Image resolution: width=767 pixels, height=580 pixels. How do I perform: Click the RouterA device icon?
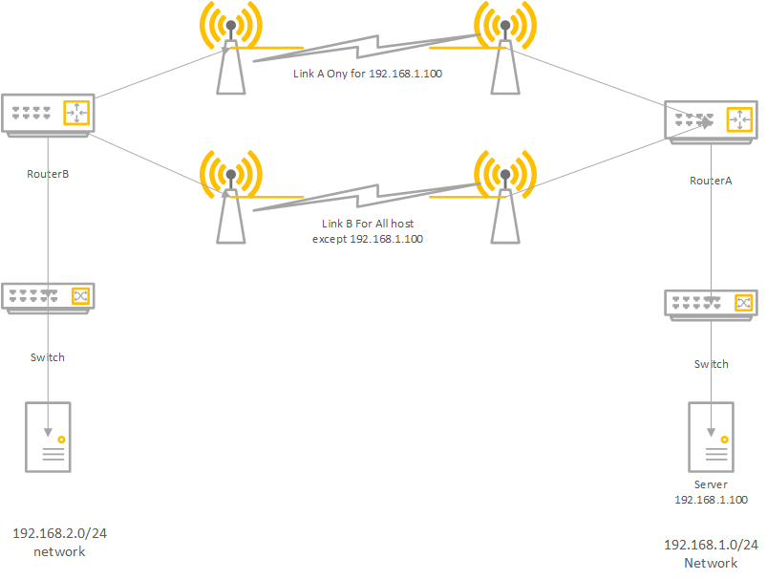[710, 120]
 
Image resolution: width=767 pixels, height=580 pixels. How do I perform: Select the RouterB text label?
[48, 174]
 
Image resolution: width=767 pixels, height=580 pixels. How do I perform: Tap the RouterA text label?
[711, 181]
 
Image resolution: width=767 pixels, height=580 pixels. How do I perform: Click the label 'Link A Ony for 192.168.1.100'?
[368, 73]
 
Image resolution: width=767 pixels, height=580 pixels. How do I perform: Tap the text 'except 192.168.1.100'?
[368, 239]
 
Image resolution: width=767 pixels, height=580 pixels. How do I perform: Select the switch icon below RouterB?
[47, 297]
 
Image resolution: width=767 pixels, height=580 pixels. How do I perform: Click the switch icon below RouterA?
[710, 304]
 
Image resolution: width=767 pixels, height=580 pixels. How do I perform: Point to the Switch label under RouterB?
[47, 357]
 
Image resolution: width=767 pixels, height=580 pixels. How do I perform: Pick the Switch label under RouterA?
[711, 364]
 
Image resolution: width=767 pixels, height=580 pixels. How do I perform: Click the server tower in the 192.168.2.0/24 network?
[47, 437]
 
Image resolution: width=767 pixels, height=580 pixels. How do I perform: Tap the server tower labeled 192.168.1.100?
[711, 437]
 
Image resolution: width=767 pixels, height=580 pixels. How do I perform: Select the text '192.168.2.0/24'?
[59, 533]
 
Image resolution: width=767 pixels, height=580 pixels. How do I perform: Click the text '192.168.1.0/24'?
[711, 545]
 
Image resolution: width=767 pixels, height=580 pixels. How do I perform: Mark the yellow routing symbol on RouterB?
[76, 113]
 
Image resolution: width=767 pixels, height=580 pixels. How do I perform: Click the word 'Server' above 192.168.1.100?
[711, 484]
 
